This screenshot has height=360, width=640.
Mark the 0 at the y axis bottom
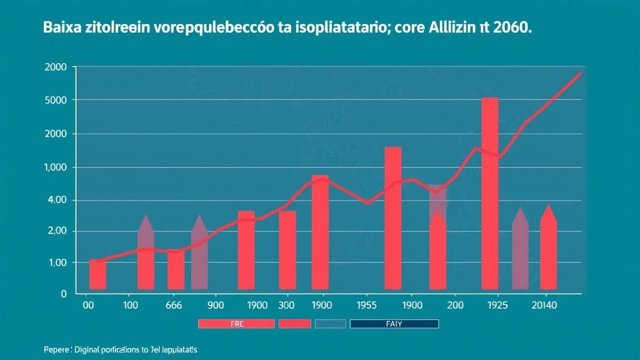coord(63,294)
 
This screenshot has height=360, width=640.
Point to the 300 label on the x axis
coord(286,305)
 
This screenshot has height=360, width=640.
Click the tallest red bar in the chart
coord(489,193)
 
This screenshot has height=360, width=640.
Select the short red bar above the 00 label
coord(97,274)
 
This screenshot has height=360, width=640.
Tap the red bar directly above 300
coord(287,250)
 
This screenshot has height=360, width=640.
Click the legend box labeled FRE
coord(236,324)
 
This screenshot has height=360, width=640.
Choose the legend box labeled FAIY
coord(394,324)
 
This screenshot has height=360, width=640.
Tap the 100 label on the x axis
coord(130,305)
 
